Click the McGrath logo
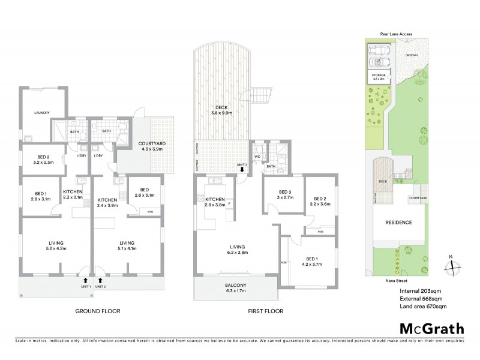click(x=431, y=328)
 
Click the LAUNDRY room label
click(x=41, y=113)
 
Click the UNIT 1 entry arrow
click(x=85, y=280)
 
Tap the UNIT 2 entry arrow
click(x=100, y=280)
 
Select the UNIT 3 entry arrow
click(x=242, y=170)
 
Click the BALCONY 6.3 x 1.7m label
click(x=235, y=287)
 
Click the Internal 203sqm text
click(x=421, y=291)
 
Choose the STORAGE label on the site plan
click(x=378, y=76)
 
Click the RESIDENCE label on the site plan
click(x=398, y=222)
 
